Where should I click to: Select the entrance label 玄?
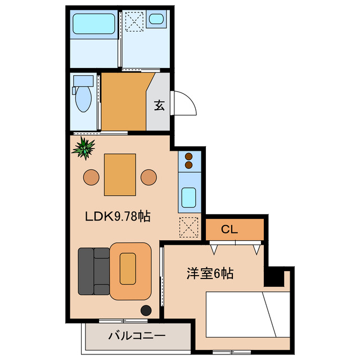click(160, 105)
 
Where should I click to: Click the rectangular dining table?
click(119, 174)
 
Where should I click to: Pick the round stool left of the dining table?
click(91, 177)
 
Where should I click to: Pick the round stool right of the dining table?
click(148, 177)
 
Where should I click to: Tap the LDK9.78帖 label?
click(118, 215)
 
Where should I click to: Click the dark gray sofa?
click(93, 271)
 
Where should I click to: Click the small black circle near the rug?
click(146, 310)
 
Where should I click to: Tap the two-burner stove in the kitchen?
click(188, 161)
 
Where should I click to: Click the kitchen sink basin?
click(188, 197)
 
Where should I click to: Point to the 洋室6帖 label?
click(210, 274)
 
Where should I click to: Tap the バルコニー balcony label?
click(136, 336)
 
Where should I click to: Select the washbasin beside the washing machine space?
click(156, 21)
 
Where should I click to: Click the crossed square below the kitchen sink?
click(188, 228)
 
